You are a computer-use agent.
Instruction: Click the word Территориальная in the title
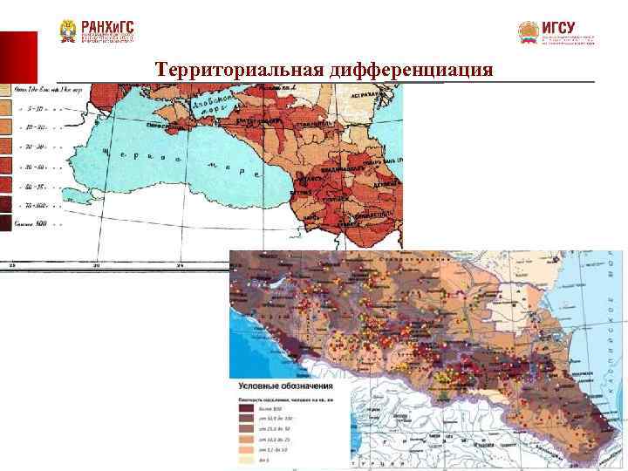tap(240, 69)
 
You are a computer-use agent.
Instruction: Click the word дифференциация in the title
tap(411, 69)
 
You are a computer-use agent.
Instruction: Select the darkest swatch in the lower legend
tap(245, 408)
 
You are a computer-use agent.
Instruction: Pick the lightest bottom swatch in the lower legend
tap(245, 461)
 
